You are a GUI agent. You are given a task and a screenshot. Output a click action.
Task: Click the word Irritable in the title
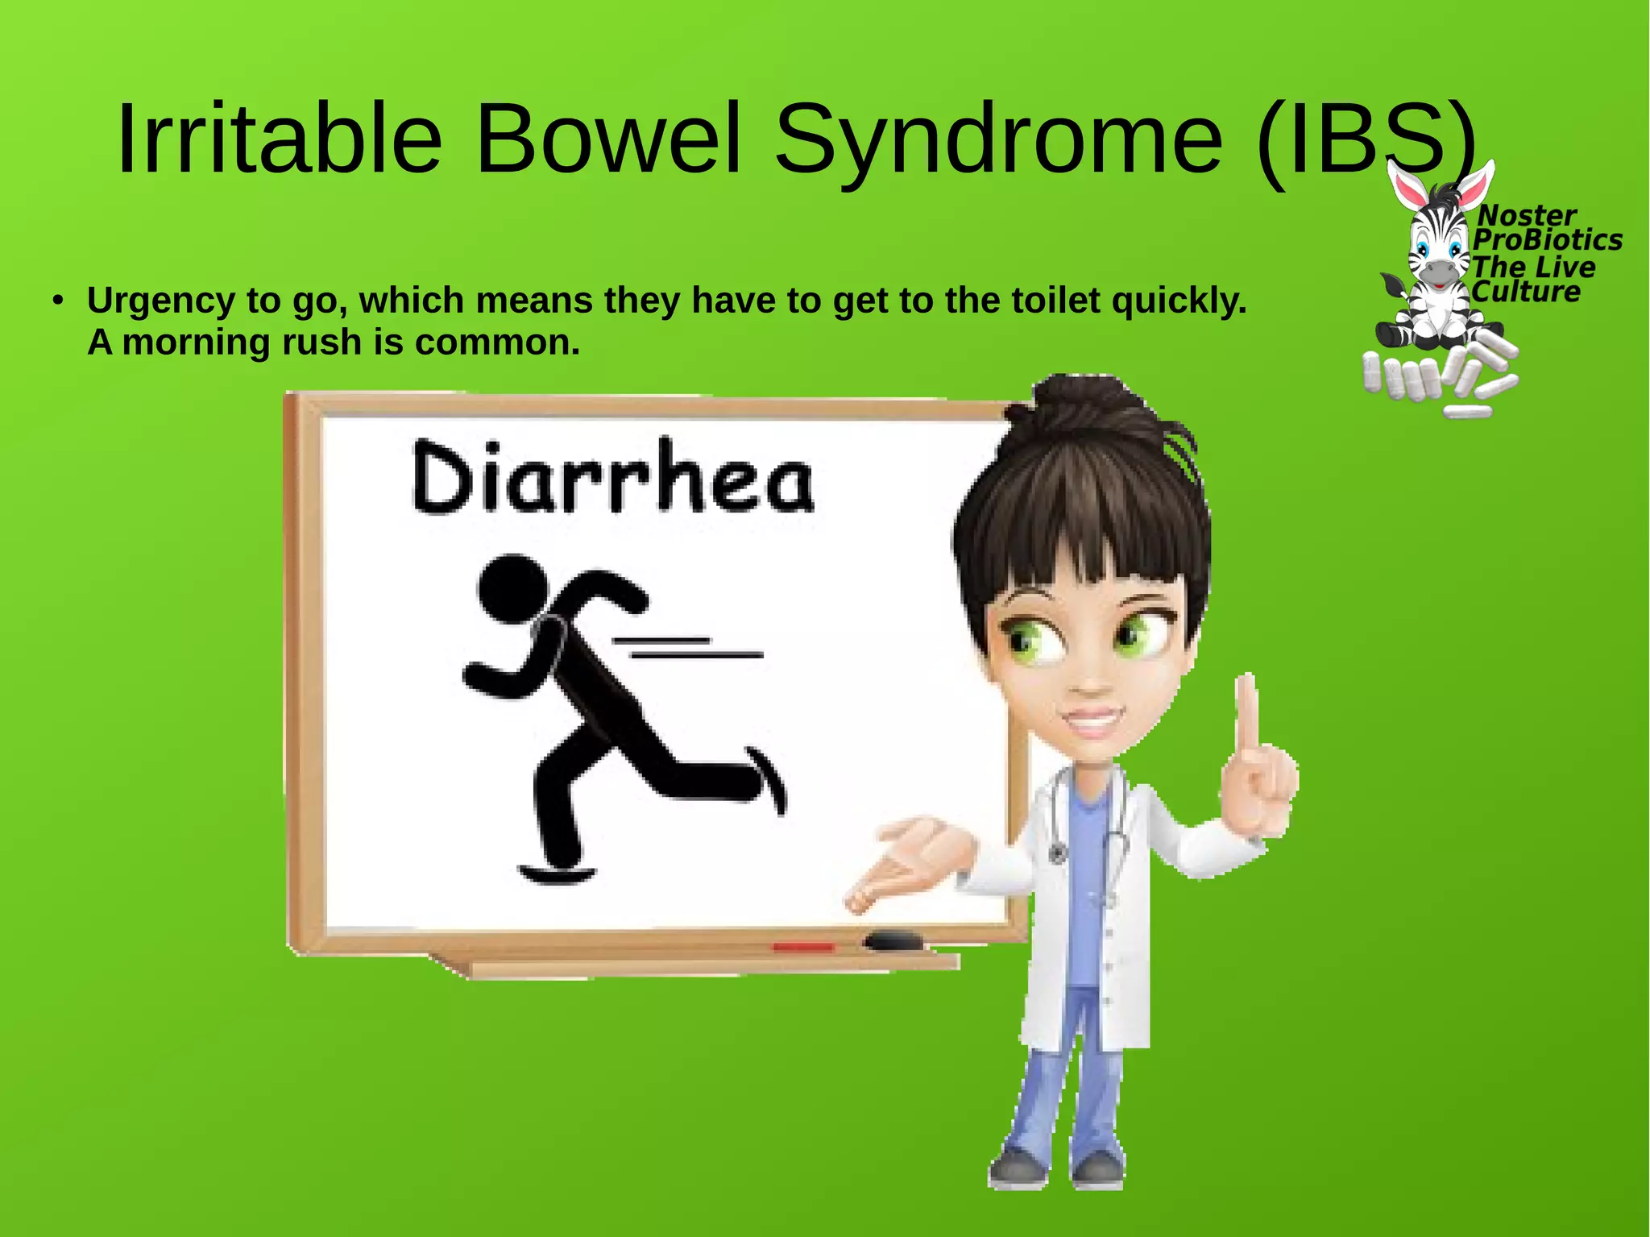[x=279, y=139]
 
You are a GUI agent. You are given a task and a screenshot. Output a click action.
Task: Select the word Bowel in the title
[x=608, y=139]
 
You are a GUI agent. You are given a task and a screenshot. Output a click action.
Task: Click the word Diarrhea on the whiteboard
[x=613, y=477]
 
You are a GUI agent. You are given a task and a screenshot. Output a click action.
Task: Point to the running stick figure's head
[x=509, y=587]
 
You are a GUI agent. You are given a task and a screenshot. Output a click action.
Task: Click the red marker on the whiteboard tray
[x=803, y=946]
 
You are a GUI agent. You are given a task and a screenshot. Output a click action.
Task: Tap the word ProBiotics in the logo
[x=1548, y=240]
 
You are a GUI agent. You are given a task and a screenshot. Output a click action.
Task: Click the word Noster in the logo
[x=1526, y=215]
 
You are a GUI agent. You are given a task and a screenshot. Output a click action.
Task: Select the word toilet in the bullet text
[x=1055, y=301]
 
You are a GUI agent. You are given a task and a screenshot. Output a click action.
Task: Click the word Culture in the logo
[x=1526, y=292]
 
